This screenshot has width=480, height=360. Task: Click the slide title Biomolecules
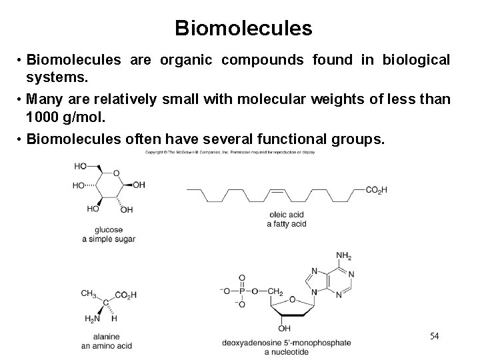pos(243,28)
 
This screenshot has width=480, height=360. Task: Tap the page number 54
pos(434,335)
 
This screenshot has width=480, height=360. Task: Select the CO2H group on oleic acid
pos(376,190)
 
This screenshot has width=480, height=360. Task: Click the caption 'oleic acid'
pos(285,214)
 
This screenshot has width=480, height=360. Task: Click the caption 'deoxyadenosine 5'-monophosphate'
pos(286,343)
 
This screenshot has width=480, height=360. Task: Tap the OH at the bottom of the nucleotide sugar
pos(284,328)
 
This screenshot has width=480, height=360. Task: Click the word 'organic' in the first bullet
pos(188,60)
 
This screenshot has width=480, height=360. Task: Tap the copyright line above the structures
pos(230,152)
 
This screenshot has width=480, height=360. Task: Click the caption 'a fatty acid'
pos(286,223)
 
